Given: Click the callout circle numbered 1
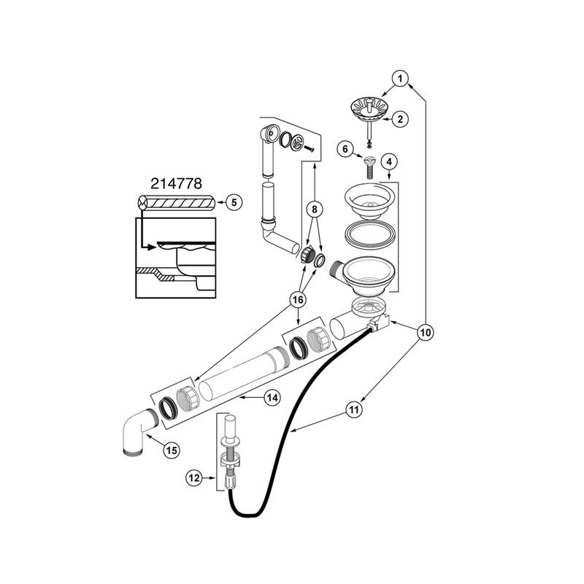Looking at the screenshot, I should click(399, 77).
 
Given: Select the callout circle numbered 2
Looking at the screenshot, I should click(400, 118).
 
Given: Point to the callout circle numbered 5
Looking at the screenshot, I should click(232, 202).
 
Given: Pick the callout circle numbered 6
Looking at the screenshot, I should click(347, 149).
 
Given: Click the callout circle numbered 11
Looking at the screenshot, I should click(353, 410).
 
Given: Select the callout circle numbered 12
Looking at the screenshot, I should click(193, 477).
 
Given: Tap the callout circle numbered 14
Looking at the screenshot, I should click(272, 398).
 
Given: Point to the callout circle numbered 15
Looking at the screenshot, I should click(171, 450).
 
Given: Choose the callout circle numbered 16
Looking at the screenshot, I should click(299, 299).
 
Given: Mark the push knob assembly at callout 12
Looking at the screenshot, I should click(228, 456).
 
